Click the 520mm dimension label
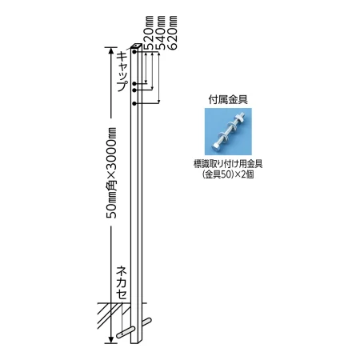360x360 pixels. tap(149, 33)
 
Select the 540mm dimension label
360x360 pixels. tap(161, 33)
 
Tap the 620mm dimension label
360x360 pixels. tap(173, 33)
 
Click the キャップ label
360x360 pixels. tap(122, 72)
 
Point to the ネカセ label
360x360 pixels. tap(122, 283)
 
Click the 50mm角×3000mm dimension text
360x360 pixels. tap(111, 173)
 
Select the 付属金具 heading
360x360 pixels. tap(228, 100)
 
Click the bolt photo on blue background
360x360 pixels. tap(228, 131)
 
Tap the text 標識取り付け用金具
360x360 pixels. tap(228, 164)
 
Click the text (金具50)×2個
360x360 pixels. tap(228, 174)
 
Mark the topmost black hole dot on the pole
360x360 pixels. tap(134, 51)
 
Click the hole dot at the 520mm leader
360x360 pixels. tap(134, 84)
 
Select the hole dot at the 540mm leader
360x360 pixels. tap(134, 90)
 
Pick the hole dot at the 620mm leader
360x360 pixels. tap(134, 103)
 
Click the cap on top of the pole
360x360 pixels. tap(137, 46)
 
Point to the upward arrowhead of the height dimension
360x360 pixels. tap(110, 50)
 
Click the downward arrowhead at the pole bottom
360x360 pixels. tap(110, 339)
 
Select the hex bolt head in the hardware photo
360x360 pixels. tap(215, 146)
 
